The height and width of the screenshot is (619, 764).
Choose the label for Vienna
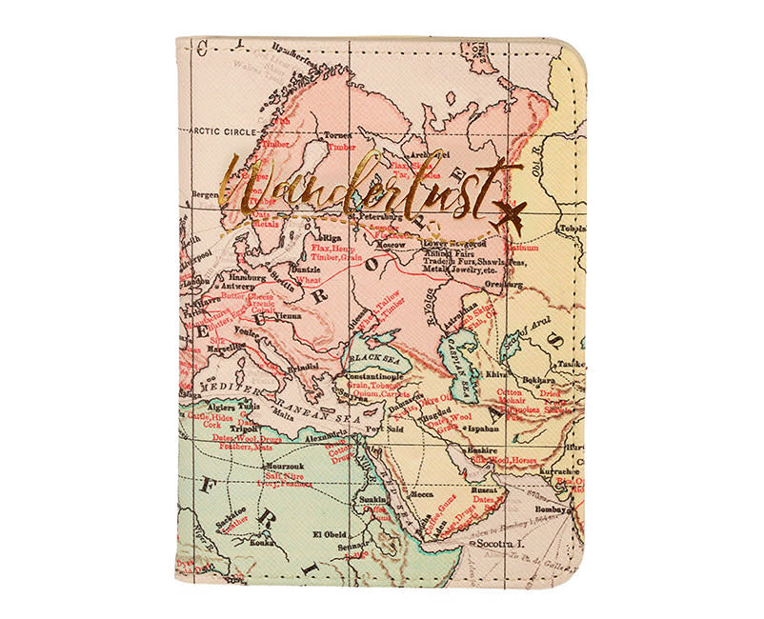point(289,315)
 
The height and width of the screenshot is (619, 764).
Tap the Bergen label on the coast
point(205,192)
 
